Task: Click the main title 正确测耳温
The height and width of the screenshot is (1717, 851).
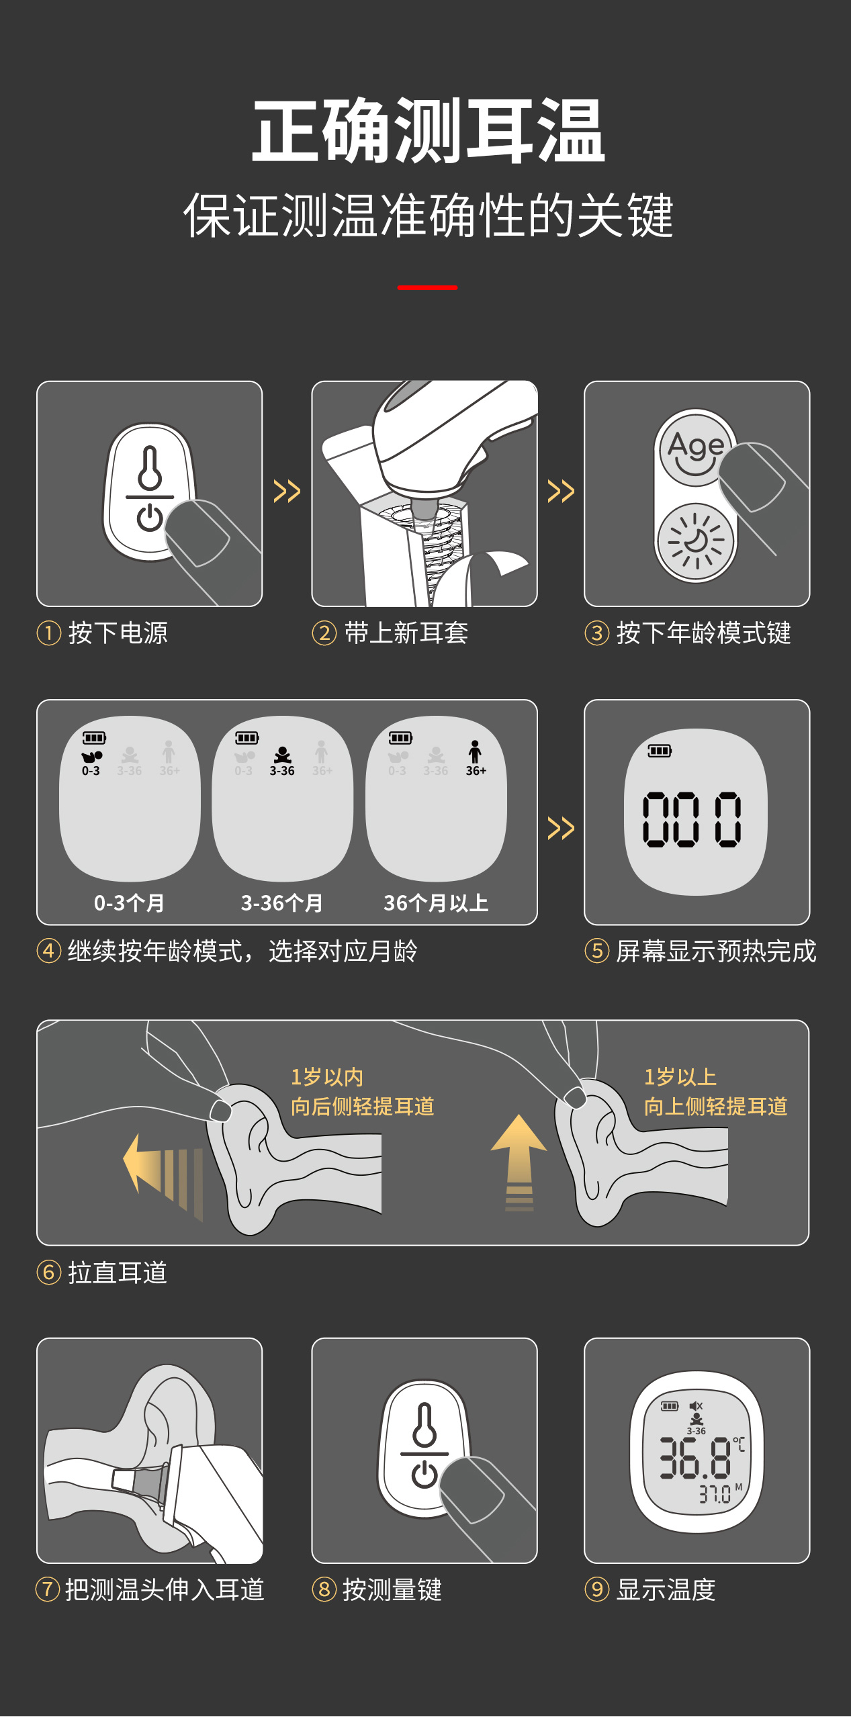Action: (428, 130)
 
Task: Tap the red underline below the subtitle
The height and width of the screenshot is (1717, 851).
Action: (427, 287)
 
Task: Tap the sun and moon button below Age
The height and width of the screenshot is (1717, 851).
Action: (696, 541)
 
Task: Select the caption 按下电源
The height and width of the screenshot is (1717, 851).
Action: (118, 633)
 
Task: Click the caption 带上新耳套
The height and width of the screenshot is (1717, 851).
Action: (406, 633)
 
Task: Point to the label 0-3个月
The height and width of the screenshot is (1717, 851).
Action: (129, 903)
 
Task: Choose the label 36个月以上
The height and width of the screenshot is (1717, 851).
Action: (436, 903)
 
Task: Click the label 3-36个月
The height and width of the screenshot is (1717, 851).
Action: (282, 903)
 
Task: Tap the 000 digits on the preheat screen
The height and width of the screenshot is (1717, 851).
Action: (692, 819)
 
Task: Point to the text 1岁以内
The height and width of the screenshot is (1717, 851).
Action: (327, 1077)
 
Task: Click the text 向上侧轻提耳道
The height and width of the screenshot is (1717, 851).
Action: (715, 1107)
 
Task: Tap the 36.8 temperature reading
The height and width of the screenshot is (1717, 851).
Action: (695, 1458)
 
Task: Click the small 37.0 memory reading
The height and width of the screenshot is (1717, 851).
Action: (715, 1494)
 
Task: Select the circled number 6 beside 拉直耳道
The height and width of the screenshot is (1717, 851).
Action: (49, 1272)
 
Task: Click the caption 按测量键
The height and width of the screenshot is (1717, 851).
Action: (392, 1589)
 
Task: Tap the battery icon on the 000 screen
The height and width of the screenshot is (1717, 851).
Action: (660, 750)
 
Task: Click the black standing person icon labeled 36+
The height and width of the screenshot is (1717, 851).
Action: (476, 752)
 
